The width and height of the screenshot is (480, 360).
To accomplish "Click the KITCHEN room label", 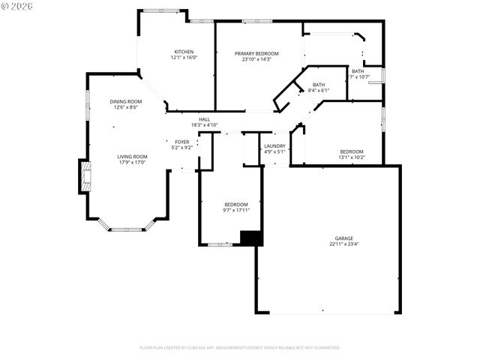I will [x=184, y=52].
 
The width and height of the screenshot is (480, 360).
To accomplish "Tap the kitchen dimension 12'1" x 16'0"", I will [x=184, y=58].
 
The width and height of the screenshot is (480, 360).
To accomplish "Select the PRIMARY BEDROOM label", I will [x=256, y=53].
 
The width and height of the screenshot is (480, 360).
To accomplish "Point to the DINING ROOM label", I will [x=126, y=101].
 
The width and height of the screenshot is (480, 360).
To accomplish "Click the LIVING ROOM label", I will [x=131, y=156].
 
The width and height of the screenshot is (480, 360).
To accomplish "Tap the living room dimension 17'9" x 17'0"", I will [x=131, y=162].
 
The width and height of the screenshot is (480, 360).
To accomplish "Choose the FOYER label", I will [x=182, y=141].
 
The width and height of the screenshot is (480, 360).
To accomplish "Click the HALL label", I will [x=204, y=119].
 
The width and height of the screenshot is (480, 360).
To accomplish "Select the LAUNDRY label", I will [x=274, y=145].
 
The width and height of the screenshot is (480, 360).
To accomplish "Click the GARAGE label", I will [x=344, y=238].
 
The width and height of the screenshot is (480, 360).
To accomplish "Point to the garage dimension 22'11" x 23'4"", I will [x=344, y=244].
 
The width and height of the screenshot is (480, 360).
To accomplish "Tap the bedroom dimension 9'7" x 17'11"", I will [x=236, y=210].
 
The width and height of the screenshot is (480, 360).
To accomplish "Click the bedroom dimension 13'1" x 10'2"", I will [x=351, y=157].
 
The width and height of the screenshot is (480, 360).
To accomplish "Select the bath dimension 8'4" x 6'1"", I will [x=319, y=90].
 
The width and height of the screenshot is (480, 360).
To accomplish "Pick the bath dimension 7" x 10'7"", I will [x=359, y=76].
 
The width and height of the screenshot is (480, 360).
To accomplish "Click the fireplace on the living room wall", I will [x=84, y=176].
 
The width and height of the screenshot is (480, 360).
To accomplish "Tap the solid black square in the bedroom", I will [x=251, y=238].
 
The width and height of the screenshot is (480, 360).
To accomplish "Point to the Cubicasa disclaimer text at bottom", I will [x=240, y=347].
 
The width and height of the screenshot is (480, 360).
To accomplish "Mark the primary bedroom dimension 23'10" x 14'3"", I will [x=256, y=59].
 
